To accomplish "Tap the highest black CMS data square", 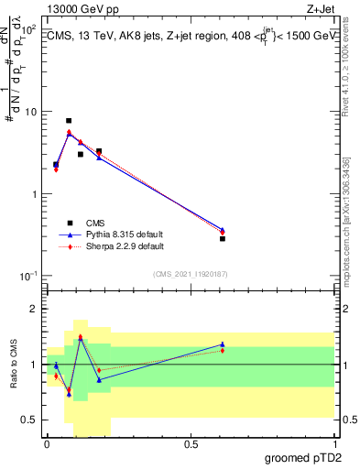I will coord(69,121).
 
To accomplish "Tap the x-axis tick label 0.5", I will coord(191,444).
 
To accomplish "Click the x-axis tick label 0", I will coord(47,444).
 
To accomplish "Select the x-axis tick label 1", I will coord(334,444).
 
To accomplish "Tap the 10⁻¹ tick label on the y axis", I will coord(27,276).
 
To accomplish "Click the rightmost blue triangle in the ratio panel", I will coord(223,344).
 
